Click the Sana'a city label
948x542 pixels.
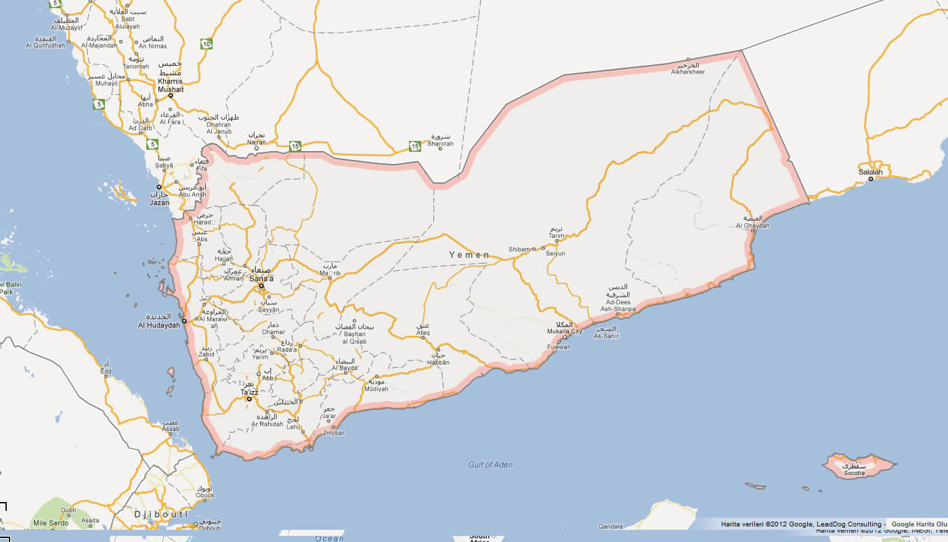[x=261, y=278]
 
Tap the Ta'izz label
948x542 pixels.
[x=249, y=392]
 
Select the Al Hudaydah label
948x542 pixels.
[x=159, y=325]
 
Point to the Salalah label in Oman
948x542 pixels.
[x=871, y=172]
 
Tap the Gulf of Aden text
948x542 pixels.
[x=490, y=465]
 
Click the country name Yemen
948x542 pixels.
[x=469, y=255]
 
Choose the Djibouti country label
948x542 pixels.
[x=160, y=515]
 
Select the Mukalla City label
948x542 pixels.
[x=565, y=332]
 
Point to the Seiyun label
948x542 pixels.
[x=555, y=253]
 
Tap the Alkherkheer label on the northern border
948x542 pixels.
[x=688, y=72]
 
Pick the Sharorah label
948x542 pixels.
[x=440, y=144]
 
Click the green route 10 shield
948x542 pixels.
[x=207, y=44]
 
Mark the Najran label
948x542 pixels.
[x=257, y=143]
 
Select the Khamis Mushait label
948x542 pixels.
[x=170, y=85]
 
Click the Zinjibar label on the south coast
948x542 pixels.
[x=334, y=432]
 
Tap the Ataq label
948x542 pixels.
[x=423, y=333]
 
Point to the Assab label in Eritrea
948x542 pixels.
[x=171, y=429]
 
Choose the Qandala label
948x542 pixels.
[x=611, y=526]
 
